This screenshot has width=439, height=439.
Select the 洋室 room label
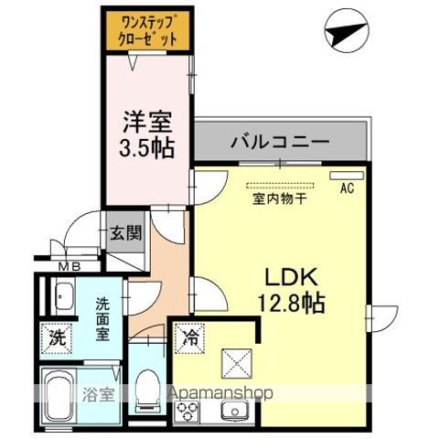146,121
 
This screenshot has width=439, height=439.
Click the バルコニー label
279,143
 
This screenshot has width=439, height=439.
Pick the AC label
347,189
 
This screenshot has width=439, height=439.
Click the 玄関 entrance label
126,232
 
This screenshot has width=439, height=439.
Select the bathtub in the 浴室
68,394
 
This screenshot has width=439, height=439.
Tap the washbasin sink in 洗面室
64,297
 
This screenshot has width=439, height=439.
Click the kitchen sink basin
232,411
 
